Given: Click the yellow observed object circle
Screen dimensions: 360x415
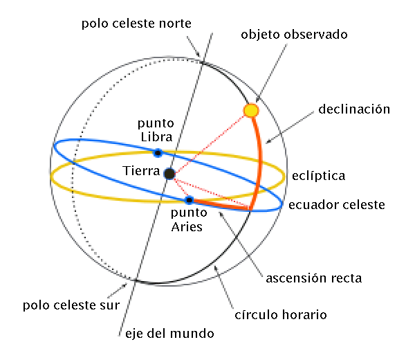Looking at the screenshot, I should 251,110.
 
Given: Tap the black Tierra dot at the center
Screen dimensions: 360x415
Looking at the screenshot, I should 169,173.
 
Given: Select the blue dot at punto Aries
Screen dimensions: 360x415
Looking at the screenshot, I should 189,200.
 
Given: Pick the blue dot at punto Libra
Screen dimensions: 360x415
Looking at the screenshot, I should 158,153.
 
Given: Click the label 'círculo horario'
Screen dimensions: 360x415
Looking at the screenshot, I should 289,315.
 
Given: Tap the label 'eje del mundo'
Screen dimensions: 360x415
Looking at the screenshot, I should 169,333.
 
